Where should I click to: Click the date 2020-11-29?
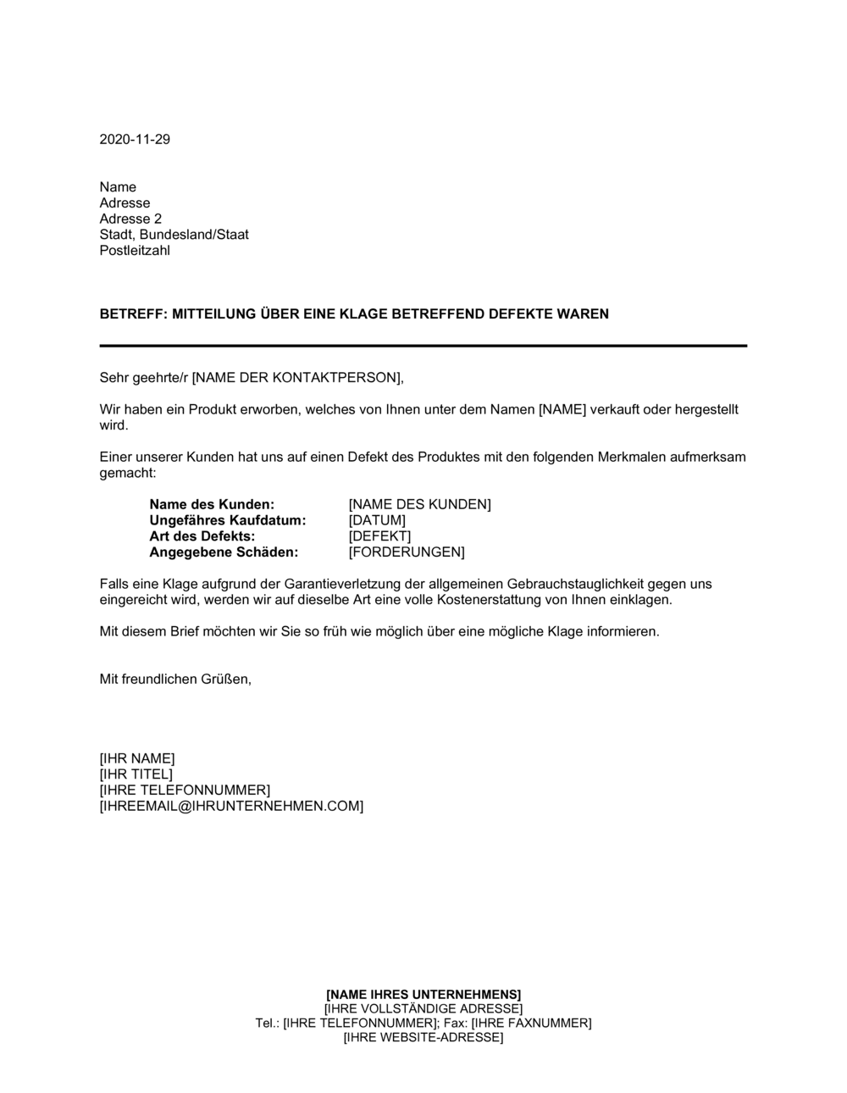click(135, 140)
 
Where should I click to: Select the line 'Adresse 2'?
click(130, 219)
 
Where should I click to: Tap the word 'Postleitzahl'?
click(135, 251)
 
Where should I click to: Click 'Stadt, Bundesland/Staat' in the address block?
click(174, 235)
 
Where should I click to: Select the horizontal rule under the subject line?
click(423, 346)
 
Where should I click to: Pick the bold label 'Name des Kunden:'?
click(212, 504)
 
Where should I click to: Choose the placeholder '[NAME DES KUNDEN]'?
click(419, 504)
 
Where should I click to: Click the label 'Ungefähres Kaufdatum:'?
click(227, 520)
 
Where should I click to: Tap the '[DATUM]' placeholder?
click(377, 520)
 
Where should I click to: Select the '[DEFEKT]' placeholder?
click(379, 536)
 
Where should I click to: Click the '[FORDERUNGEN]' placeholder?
click(407, 552)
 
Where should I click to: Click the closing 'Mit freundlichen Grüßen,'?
click(175, 679)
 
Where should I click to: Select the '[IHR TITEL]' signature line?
click(136, 774)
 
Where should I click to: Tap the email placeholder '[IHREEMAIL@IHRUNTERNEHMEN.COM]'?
click(231, 806)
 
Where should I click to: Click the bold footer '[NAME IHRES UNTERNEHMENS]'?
click(423, 994)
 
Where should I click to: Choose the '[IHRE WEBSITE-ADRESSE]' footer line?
click(423, 1037)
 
